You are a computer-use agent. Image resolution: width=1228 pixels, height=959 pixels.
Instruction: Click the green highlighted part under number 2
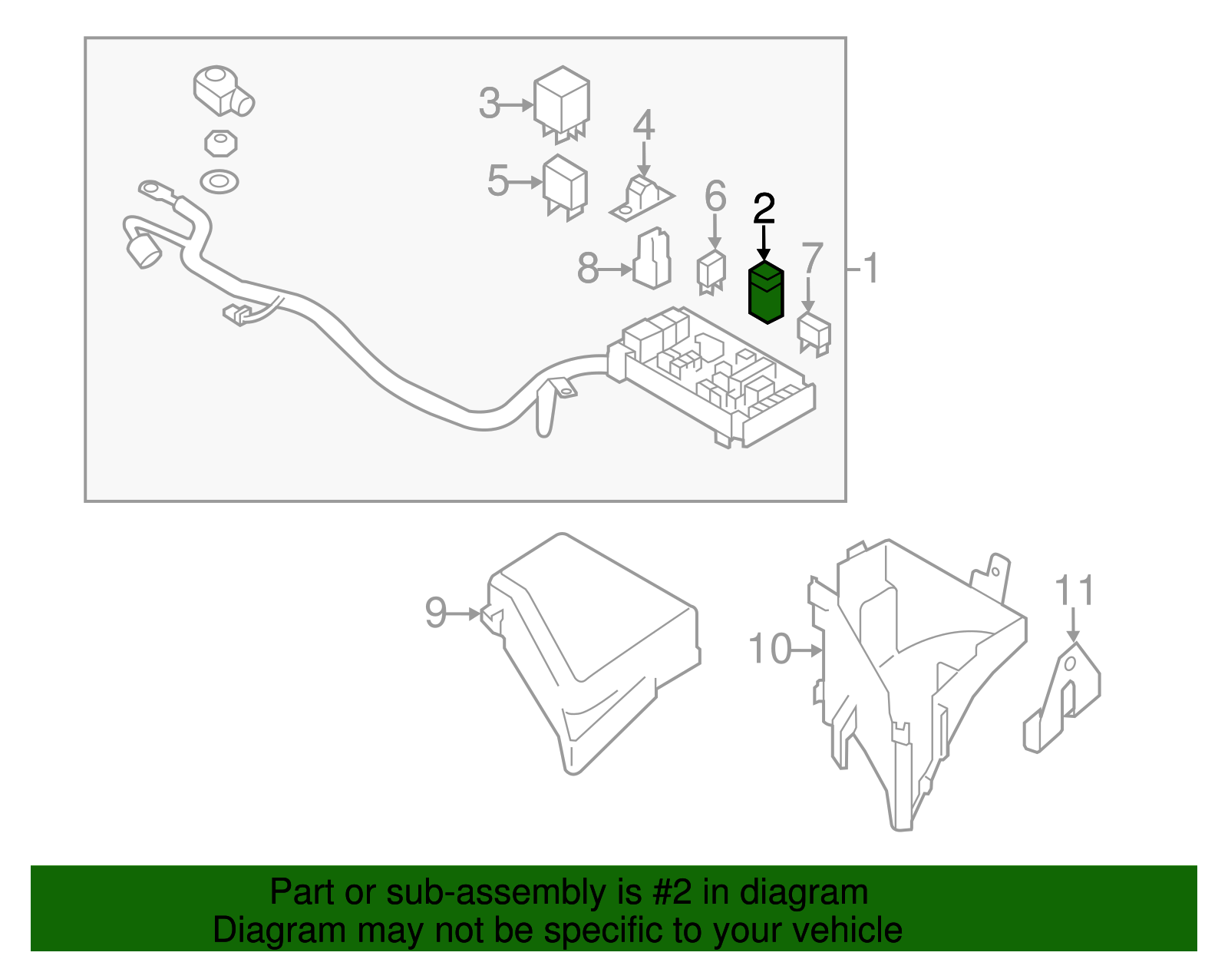click(766, 293)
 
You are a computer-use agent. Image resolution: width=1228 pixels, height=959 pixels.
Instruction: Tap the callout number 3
click(490, 104)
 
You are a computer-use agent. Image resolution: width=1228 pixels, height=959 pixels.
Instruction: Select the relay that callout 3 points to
click(562, 105)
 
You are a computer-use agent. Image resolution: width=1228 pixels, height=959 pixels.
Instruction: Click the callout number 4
click(644, 125)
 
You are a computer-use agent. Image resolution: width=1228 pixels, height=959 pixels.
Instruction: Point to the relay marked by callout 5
click(565, 187)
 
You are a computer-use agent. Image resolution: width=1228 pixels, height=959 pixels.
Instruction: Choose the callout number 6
click(715, 196)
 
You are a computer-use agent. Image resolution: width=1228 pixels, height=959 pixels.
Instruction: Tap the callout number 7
click(813, 258)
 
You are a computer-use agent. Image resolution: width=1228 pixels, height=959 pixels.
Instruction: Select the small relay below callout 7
click(814, 336)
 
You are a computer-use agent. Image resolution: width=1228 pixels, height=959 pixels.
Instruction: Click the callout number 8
click(588, 269)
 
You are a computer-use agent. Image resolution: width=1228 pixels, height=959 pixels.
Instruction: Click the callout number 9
click(435, 613)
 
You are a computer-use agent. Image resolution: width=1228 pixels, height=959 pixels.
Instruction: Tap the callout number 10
click(770, 649)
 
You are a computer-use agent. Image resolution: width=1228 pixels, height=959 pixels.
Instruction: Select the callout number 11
click(1074, 591)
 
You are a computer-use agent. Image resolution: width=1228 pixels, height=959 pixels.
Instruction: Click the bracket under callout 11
click(1062, 698)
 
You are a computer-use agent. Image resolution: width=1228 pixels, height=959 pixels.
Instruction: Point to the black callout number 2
click(764, 208)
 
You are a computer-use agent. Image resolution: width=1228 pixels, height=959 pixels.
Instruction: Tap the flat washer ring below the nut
click(220, 182)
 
